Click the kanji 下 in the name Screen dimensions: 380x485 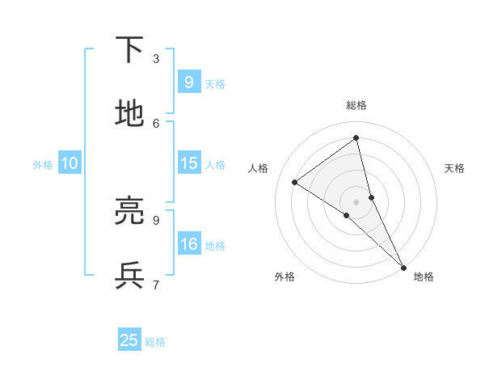(129, 50)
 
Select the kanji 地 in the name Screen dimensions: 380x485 (129, 114)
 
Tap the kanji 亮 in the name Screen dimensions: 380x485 (129, 211)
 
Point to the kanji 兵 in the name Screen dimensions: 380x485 (129, 276)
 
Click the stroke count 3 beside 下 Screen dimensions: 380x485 (156, 58)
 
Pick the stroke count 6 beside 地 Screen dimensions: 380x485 (156, 123)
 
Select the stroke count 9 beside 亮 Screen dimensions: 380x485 (156, 219)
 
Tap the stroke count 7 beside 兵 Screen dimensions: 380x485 (156, 284)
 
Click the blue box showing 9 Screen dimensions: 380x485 (188, 82)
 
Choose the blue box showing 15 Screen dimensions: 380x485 (188, 163)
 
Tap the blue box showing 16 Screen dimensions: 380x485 (188, 244)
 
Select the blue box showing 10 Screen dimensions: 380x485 (69, 163)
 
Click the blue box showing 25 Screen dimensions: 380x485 (129, 340)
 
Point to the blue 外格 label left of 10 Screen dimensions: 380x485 (43, 165)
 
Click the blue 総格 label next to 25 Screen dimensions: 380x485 (155, 342)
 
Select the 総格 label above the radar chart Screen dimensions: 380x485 (356, 105)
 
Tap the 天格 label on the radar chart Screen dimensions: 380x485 (455, 168)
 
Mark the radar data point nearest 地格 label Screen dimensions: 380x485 (403, 266)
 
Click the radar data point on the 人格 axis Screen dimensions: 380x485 (294, 182)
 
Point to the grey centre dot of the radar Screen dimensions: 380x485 (356, 201)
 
